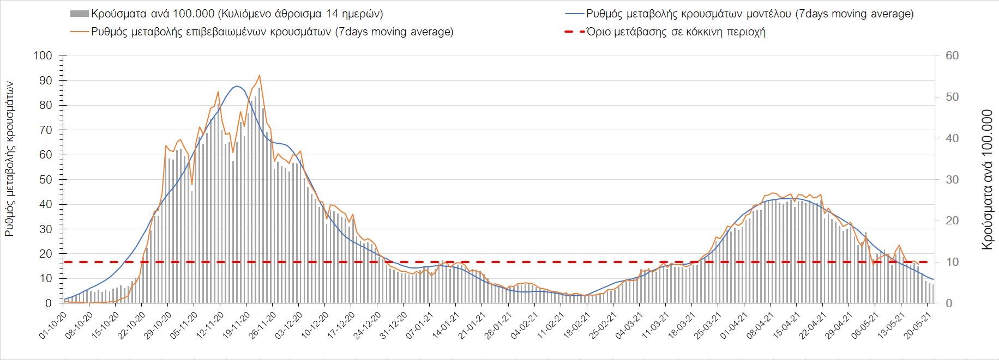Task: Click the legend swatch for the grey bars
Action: coord(79,14)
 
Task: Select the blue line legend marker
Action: coord(573,14)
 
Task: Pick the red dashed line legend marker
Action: coord(573,32)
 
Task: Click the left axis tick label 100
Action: coord(42,56)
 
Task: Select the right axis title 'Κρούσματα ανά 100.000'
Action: coord(986,180)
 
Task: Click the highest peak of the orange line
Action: coord(260,75)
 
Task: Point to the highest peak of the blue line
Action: coord(236,86)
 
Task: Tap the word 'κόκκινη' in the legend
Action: coord(700,32)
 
